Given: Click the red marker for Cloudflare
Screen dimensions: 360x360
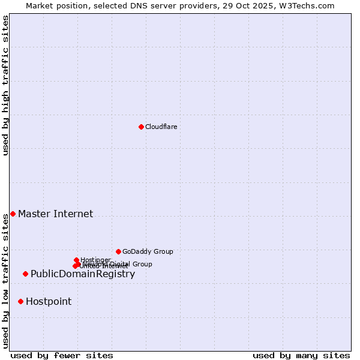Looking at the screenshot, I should pyautogui.click(x=141, y=127).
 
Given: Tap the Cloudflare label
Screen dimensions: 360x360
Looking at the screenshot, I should pyautogui.click(x=161, y=127).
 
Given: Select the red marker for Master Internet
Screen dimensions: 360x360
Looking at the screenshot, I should pyautogui.click(x=13, y=214).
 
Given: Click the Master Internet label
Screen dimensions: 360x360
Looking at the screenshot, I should pyautogui.click(x=55, y=214).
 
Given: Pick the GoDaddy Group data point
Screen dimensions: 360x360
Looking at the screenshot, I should pyautogui.click(x=118, y=251).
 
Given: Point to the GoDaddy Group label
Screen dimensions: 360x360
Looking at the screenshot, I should pyautogui.click(x=148, y=251).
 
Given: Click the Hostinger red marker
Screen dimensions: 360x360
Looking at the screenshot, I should pyautogui.click(x=76, y=260).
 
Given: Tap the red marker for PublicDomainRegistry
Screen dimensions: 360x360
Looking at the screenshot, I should pyautogui.click(x=25, y=274).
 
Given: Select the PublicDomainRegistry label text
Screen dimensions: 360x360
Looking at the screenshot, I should pyautogui.click(x=83, y=274).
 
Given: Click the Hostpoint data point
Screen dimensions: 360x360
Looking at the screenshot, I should pyautogui.click(x=20, y=301).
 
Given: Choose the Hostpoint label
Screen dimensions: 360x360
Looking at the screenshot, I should pyautogui.click(x=49, y=301).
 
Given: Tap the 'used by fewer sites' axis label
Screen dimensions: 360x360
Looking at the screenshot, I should pyautogui.click(x=62, y=355).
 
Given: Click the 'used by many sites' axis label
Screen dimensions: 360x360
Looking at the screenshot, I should pyautogui.click(x=301, y=355).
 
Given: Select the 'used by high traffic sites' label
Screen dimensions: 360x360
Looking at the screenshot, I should pyautogui.click(x=5, y=85).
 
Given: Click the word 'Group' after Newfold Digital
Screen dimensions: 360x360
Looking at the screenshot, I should pyautogui.click(x=142, y=264).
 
